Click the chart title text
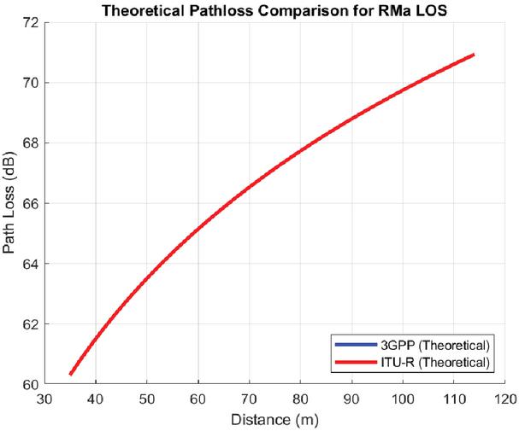[274, 10]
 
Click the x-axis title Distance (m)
[274, 420]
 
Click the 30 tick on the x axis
[44, 398]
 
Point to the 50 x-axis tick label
[146, 398]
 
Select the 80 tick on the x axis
[300, 398]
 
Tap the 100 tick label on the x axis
[403, 398]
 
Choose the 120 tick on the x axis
[504, 398]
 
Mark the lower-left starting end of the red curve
[70, 374]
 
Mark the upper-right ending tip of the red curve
[473, 55]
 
